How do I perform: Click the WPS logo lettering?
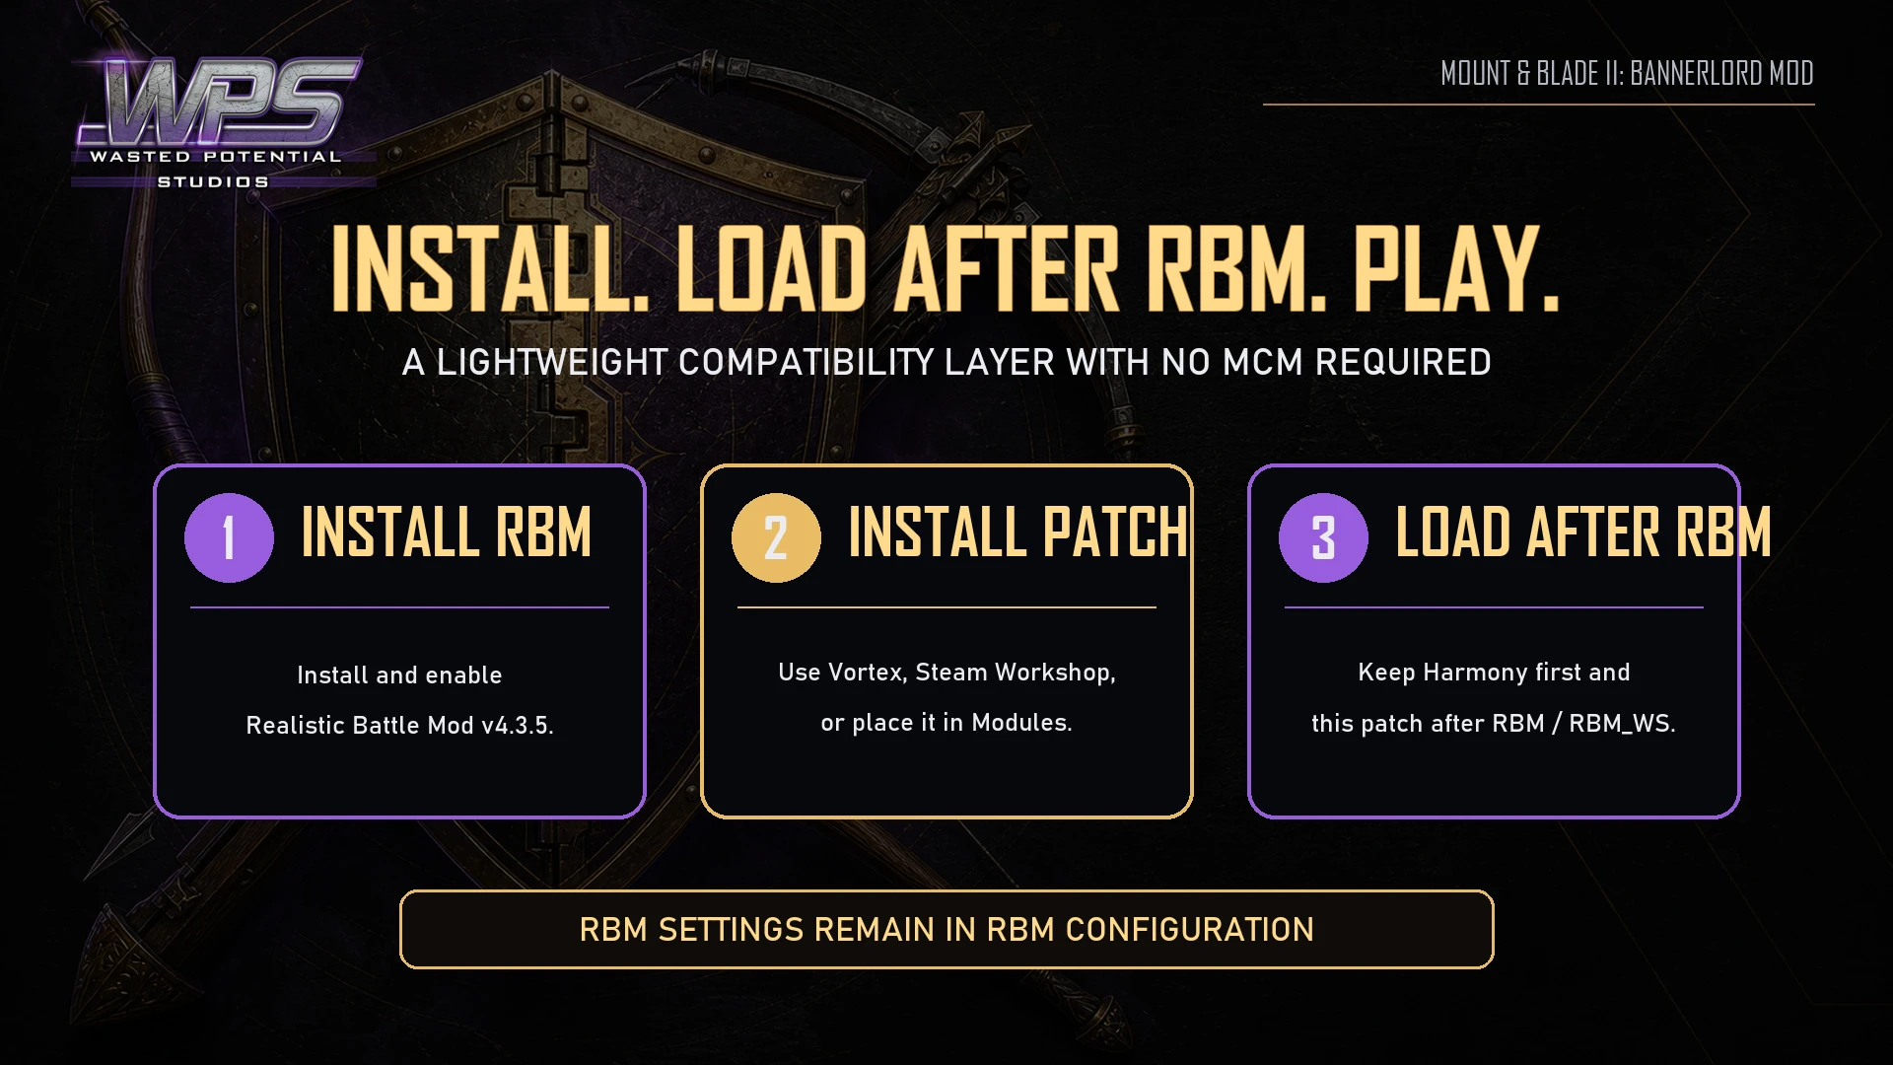219,101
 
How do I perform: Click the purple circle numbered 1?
229,537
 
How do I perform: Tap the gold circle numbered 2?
776,537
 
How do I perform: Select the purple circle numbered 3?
1323,537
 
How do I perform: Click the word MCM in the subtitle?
1265,363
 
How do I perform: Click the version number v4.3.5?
517,726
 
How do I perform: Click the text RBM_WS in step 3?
1622,724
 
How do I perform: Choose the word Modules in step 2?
1021,723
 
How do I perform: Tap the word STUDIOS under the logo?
213,181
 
